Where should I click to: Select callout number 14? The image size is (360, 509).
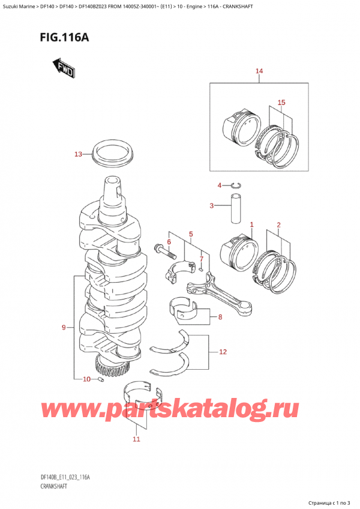(x=259, y=72)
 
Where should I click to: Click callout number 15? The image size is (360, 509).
(x=280, y=102)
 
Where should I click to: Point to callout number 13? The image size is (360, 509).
(x=78, y=155)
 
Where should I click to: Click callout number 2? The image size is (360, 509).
(x=278, y=226)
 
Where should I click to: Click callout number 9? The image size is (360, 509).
(x=65, y=328)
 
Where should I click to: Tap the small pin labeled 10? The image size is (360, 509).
(x=101, y=379)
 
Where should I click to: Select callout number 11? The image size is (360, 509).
(x=136, y=439)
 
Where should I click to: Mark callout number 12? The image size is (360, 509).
(x=223, y=352)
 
